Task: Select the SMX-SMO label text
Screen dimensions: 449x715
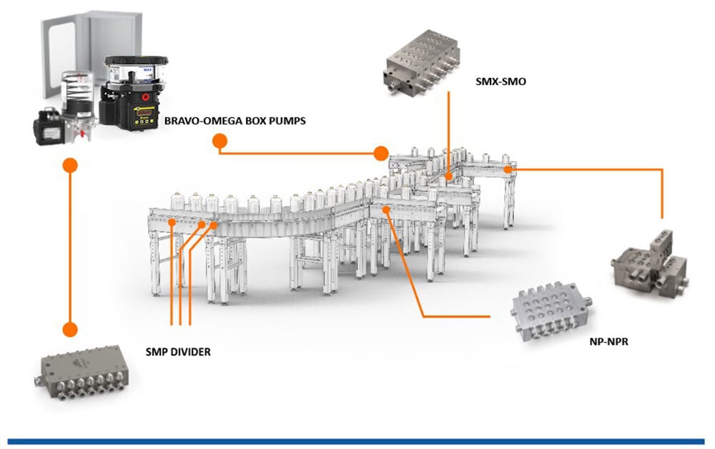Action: pyautogui.click(x=500, y=82)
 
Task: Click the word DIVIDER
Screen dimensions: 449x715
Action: pyautogui.click(x=188, y=351)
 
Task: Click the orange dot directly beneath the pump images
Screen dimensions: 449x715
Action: pyautogui.click(x=69, y=164)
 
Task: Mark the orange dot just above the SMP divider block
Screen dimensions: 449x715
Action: pyautogui.click(x=69, y=329)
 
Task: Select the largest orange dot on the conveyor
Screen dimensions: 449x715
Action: pyautogui.click(x=381, y=153)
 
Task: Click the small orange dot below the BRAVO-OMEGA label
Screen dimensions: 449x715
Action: pyautogui.click(x=218, y=141)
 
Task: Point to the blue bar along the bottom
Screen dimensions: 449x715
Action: pyautogui.click(x=357, y=441)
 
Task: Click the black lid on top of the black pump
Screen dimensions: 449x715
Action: pyautogui.click(x=136, y=61)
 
